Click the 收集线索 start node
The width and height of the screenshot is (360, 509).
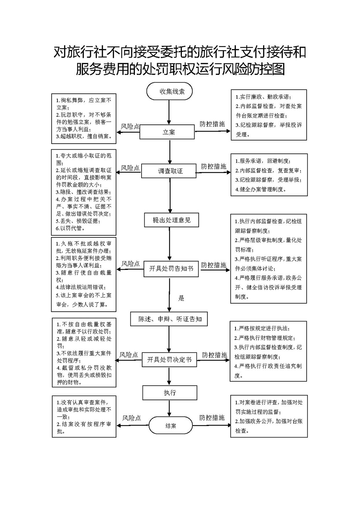coord(169,92)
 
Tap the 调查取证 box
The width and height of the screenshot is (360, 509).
coord(169,171)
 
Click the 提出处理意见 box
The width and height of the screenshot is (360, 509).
coord(171,220)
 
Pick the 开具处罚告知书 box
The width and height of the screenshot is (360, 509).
coord(171,269)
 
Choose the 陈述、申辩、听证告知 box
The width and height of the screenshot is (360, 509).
coord(169,319)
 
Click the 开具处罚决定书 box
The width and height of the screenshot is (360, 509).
coord(169,360)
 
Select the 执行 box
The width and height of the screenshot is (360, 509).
coord(170,393)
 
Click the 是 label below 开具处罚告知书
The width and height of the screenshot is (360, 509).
coord(181,298)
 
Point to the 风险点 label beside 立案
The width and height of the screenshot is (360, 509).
coord(130,127)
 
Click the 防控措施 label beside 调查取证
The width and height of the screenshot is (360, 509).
coord(214,166)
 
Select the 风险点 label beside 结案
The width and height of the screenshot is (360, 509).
coord(131,418)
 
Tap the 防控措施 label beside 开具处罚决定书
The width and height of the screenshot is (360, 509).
coord(214,355)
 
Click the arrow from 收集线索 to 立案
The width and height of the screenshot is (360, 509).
coord(169,112)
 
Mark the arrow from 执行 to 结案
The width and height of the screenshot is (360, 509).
coord(169,408)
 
